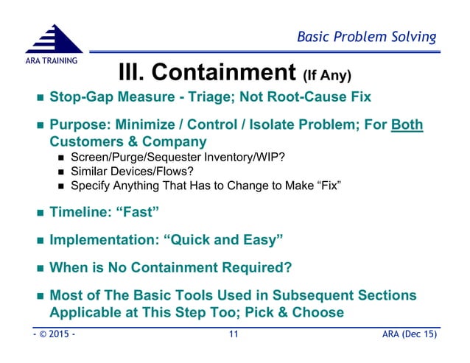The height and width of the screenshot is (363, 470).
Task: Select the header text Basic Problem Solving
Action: (366, 37)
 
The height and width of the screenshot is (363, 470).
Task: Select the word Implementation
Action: (102, 241)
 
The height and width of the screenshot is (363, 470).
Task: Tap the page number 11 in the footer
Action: (234, 336)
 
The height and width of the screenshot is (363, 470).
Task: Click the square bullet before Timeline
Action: (35, 214)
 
